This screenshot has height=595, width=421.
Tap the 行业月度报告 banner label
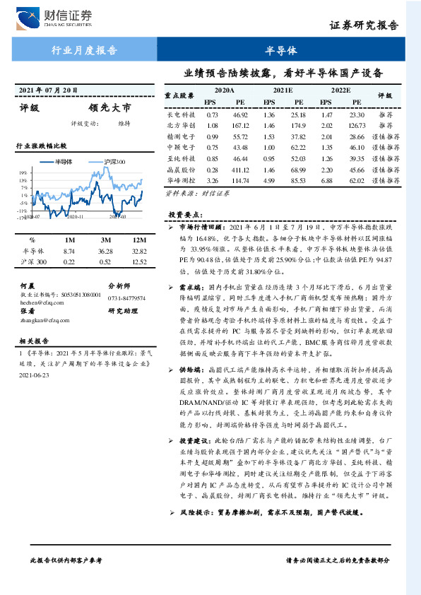click(x=85, y=51)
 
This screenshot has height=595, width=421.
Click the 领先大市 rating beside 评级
click(x=109, y=108)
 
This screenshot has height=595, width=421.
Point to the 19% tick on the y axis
click(x=23, y=172)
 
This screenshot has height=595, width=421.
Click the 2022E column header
click(x=340, y=90)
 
